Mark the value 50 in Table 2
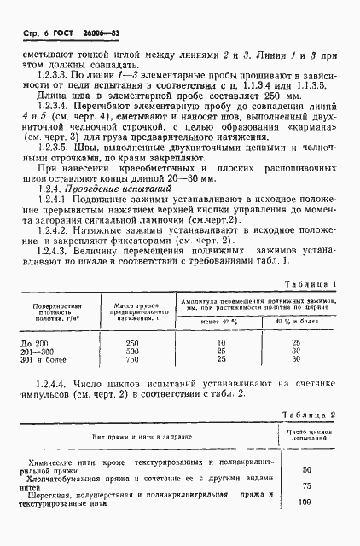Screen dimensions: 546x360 [306, 469]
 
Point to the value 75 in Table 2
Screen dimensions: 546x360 [306, 486]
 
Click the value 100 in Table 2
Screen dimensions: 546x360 [306, 503]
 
